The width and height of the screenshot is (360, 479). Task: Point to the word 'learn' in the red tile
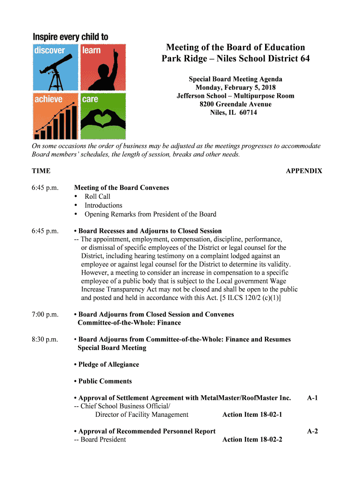(x=92, y=50)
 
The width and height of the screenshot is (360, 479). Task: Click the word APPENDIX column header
(x=304, y=171)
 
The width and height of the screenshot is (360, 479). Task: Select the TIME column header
(x=41, y=171)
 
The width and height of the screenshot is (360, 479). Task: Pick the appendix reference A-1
(x=312, y=398)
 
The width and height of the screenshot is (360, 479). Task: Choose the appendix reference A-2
(x=312, y=431)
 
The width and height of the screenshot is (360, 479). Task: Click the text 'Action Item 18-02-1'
(x=252, y=415)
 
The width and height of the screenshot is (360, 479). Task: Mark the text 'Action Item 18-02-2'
(x=252, y=440)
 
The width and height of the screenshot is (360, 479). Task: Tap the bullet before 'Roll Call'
(x=76, y=196)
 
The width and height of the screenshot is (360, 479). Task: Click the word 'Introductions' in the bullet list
(x=103, y=205)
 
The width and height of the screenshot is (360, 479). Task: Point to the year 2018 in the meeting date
(x=268, y=87)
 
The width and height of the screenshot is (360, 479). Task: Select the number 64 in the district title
(x=303, y=59)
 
